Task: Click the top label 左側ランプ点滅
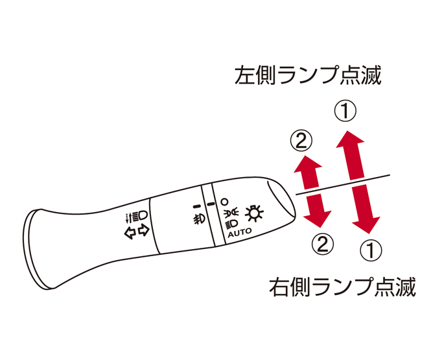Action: click(x=308, y=75)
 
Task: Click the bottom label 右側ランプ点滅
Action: click(x=342, y=287)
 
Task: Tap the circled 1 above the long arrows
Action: click(x=345, y=111)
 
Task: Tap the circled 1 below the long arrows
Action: click(x=371, y=250)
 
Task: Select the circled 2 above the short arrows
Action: click(x=301, y=141)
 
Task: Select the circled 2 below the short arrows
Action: click(x=323, y=244)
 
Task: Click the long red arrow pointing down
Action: click(x=366, y=209)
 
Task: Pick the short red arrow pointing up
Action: click(x=308, y=173)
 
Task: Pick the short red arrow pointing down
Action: click(x=318, y=211)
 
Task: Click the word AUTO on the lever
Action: click(x=240, y=232)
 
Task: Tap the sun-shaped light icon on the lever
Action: click(x=254, y=213)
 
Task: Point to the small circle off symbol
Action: click(x=224, y=202)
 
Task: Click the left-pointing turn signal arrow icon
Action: click(x=130, y=233)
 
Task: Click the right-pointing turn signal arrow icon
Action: click(x=144, y=230)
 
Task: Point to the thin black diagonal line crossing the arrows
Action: click(x=343, y=184)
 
